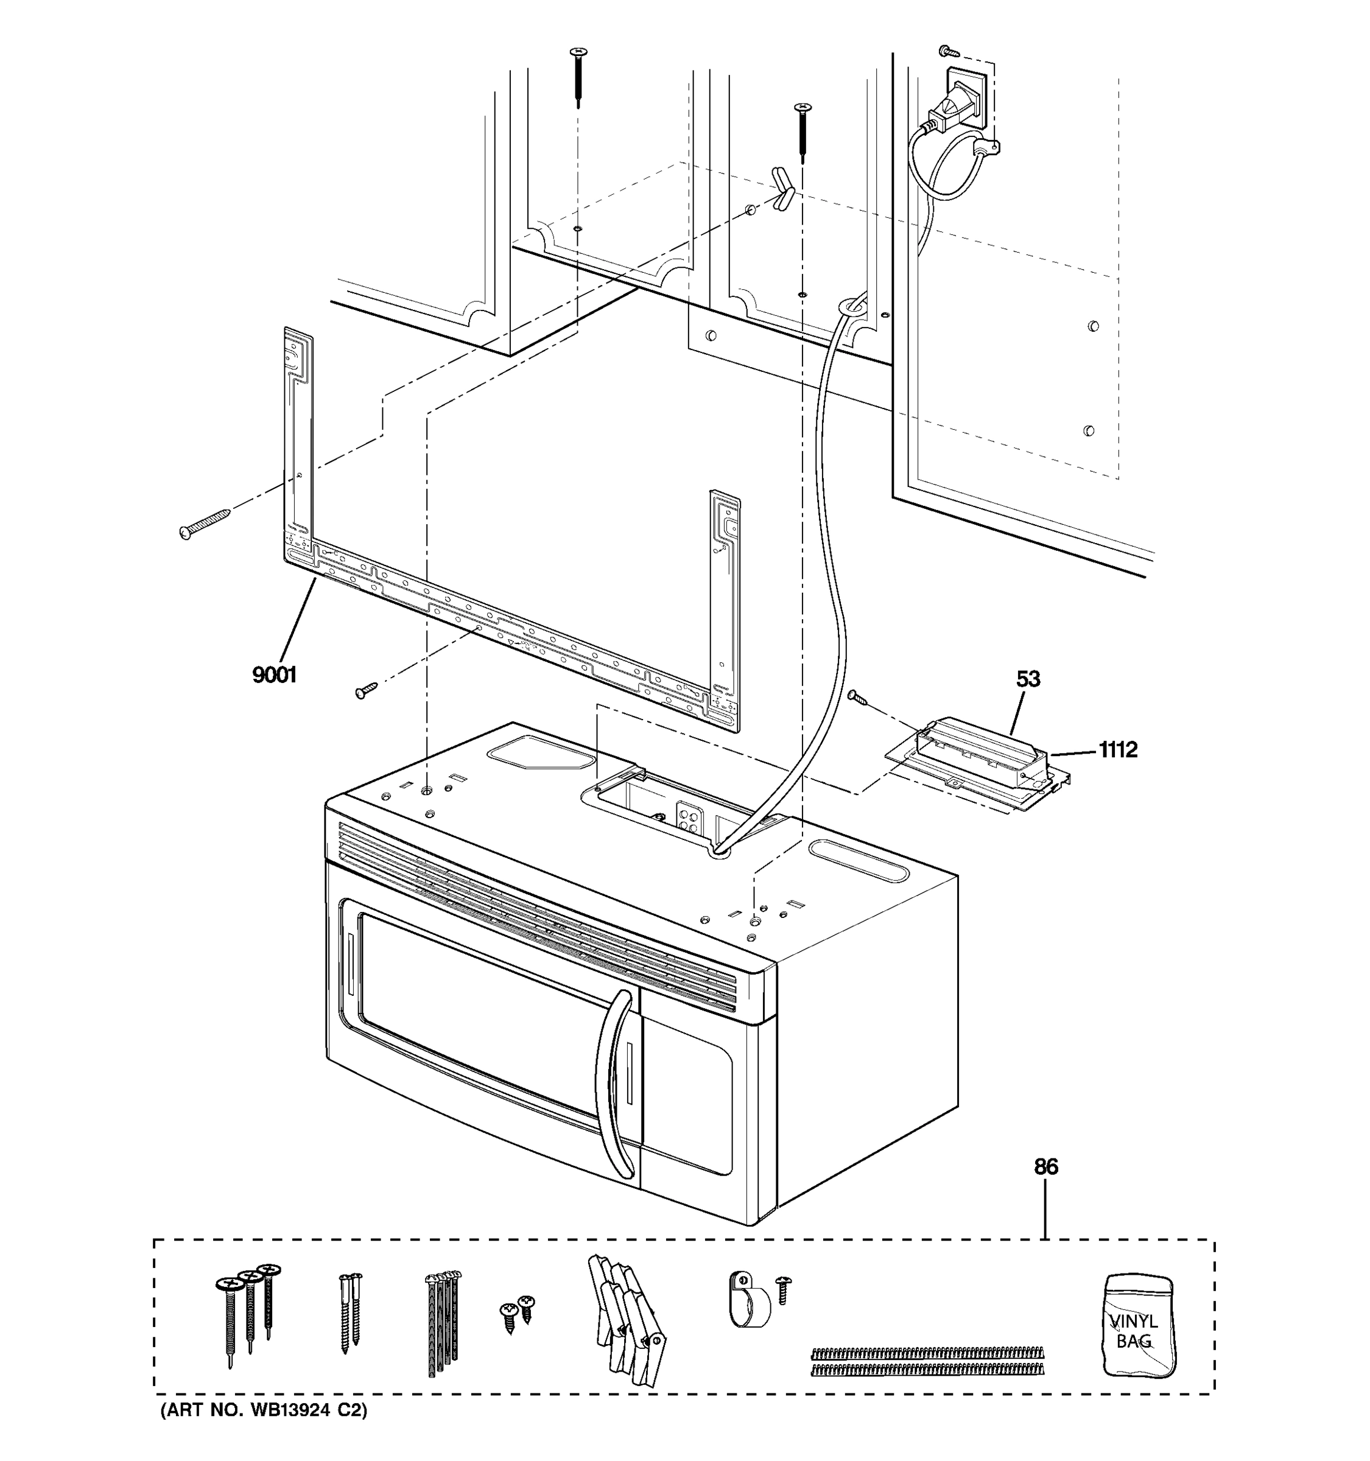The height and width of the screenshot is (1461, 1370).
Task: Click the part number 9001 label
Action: (274, 674)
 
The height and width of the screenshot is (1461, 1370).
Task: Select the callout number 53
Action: (1028, 679)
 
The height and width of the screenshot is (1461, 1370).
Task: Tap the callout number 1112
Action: (1117, 749)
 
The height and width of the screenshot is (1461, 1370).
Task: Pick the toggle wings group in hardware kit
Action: (626, 1316)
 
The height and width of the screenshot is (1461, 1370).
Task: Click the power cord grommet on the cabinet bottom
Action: (851, 306)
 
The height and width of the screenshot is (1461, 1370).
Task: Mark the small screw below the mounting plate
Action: (365, 689)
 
